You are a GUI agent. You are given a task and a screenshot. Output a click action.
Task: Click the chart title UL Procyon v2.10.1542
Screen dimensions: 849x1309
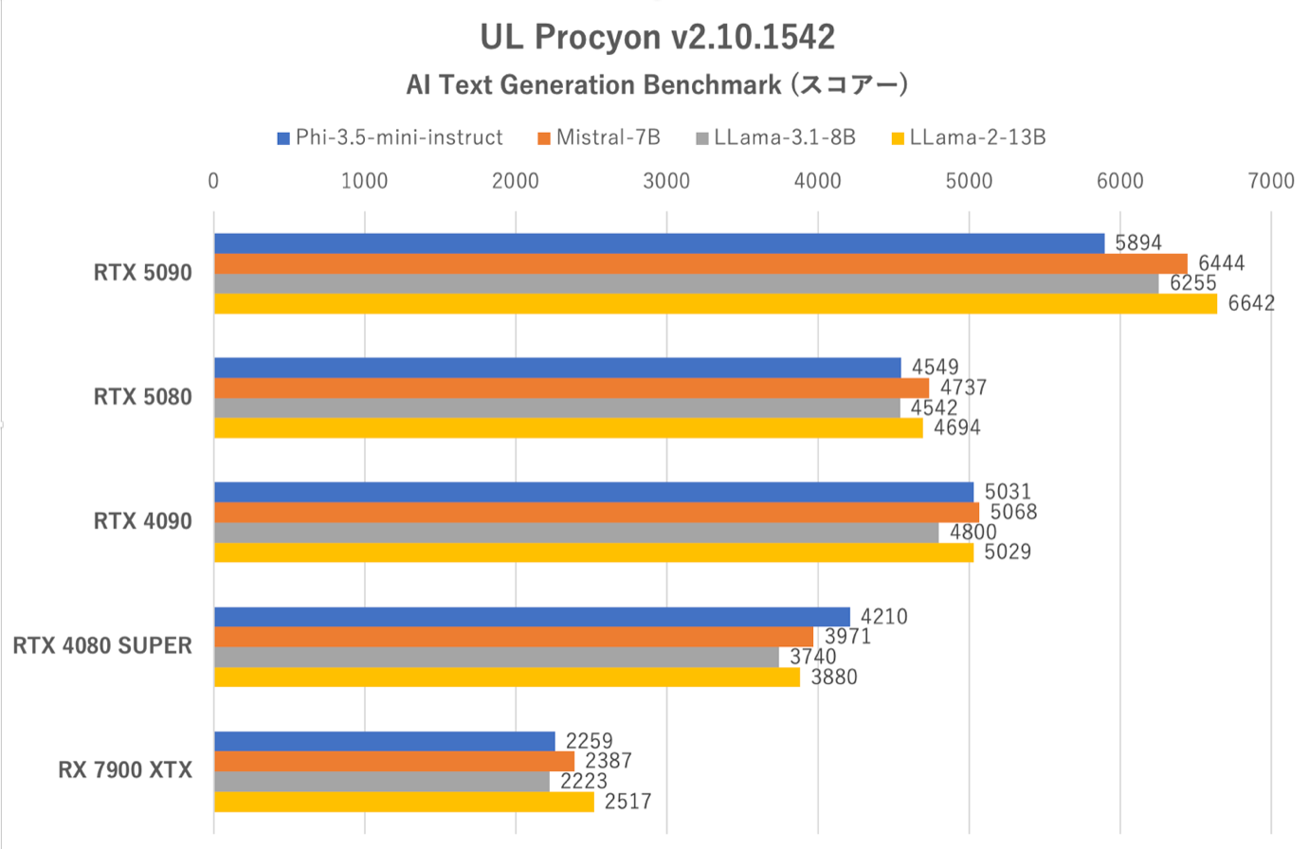pos(657,37)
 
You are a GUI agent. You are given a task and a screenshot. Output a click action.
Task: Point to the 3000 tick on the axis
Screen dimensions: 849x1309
pos(666,181)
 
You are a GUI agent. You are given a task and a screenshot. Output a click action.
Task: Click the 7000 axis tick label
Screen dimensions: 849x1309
pos(1270,181)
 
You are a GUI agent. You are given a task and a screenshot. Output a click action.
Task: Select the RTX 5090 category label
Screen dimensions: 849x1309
pos(142,273)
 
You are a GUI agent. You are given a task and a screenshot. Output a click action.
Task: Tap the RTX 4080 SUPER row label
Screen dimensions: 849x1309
pos(102,645)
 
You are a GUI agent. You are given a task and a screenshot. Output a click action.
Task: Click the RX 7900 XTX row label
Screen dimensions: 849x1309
pos(125,769)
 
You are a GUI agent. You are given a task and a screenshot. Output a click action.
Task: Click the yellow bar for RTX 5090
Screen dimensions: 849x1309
pos(715,303)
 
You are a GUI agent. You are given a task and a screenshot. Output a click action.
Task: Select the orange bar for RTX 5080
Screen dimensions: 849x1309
pos(571,388)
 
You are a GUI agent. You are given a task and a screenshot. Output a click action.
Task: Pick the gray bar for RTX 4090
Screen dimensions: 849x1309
pos(575,533)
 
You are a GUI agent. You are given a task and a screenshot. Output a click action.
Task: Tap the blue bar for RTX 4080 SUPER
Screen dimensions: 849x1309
pos(531,617)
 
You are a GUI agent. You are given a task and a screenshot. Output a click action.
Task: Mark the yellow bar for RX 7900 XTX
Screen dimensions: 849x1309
pos(404,802)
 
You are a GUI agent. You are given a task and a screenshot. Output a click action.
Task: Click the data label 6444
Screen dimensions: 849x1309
pos(1221,263)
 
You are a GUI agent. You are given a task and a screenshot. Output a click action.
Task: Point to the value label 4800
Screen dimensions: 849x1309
pos(973,533)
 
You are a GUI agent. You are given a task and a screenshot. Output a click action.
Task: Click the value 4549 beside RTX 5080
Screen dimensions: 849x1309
pos(935,367)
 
